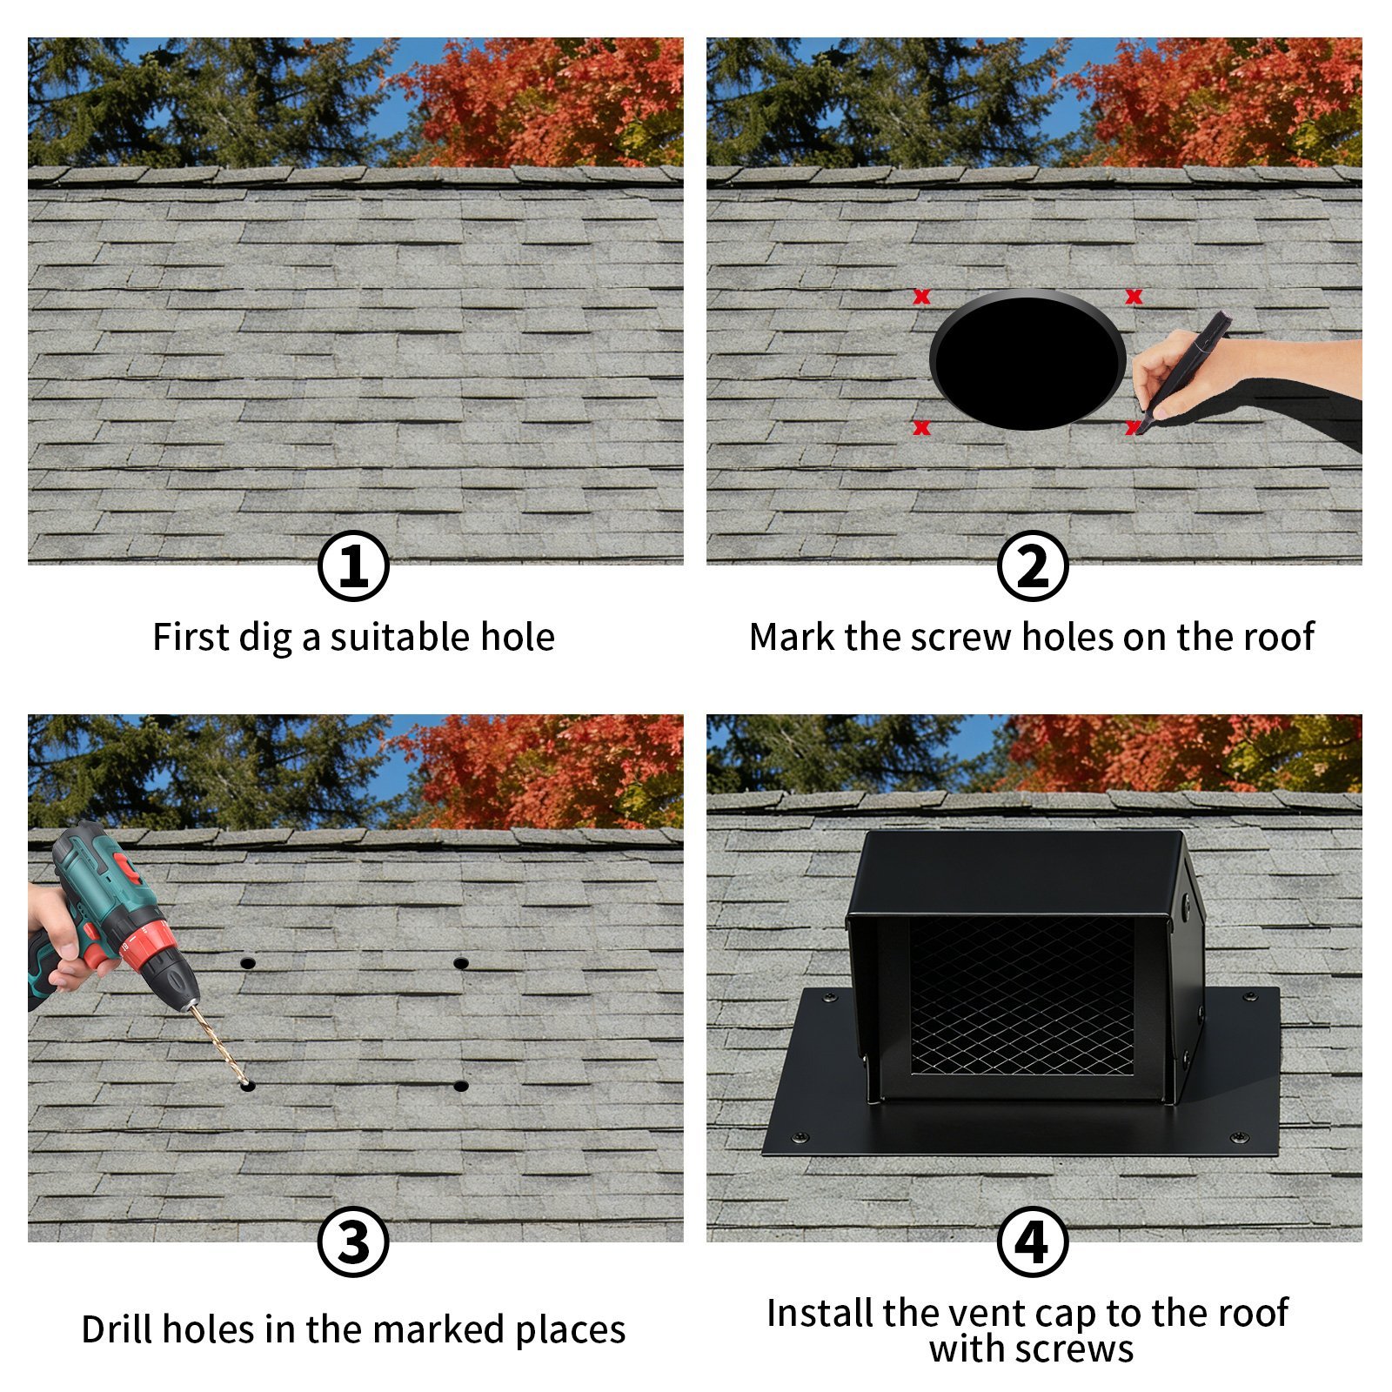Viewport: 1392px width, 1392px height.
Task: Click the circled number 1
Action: pos(353,565)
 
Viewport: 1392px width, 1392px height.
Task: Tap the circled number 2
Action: pos(1032,565)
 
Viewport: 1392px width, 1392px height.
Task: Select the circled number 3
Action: pos(353,1241)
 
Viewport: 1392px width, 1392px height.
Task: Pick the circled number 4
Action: pos(1032,1241)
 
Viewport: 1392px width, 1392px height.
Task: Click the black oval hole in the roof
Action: pos(1027,360)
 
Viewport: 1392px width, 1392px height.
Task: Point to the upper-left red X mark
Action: pos(921,297)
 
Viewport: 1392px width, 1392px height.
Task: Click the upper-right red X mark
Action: pos(1133,297)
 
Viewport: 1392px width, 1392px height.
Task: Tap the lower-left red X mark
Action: pos(921,427)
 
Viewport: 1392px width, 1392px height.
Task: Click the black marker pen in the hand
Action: pos(1185,372)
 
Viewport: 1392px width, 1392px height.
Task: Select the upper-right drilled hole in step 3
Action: pos(461,962)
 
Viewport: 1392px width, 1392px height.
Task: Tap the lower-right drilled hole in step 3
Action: pos(461,1085)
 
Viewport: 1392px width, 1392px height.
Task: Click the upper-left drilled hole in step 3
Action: pos(247,962)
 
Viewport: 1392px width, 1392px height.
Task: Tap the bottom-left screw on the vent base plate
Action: pos(800,1137)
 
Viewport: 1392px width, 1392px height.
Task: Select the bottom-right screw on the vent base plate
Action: pos(1240,1137)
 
